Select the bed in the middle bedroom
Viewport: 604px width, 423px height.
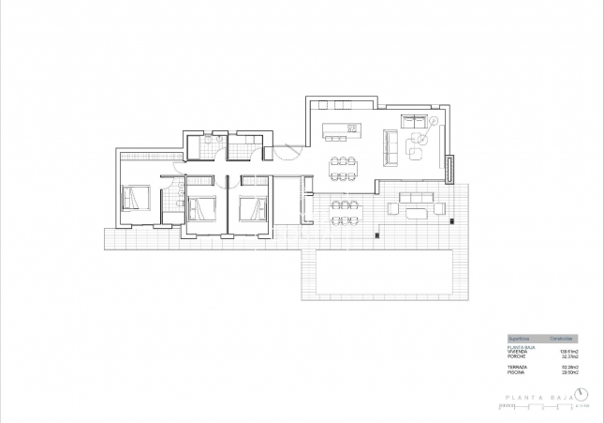click(201, 206)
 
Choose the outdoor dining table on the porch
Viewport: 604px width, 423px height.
click(343, 210)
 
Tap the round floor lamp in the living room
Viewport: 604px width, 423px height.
click(434, 121)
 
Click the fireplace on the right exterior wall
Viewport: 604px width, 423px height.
click(449, 171)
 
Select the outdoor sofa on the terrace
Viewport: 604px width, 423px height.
click(416, 198)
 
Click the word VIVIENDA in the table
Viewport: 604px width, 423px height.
click(517, 351)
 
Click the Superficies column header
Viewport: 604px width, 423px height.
click(520, 338)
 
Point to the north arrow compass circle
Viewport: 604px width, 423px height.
click(582, 393)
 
